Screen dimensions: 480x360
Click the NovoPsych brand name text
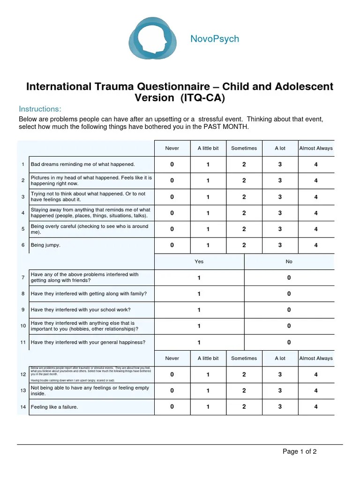(215, 39)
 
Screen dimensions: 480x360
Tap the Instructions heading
(40, 109)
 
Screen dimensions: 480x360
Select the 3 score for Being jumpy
(280, 245)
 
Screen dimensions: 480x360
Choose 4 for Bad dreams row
(316, 165)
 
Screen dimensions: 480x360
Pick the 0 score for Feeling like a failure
(172, 407)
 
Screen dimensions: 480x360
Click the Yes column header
(199, 262)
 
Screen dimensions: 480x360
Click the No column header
(289, 262)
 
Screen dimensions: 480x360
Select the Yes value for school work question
(199, 310)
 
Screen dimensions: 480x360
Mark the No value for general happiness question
(289, 342)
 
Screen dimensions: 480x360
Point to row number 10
(23, 326)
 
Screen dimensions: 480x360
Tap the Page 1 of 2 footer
(300, 452)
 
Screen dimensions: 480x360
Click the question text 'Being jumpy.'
(45, 245)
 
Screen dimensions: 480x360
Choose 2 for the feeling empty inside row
(244, 390)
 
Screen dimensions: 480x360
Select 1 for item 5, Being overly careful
(208, 229)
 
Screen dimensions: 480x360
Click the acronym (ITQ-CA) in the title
(205, 98)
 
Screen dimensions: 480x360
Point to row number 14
(23, 407)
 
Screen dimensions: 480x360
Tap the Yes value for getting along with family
(199, 294)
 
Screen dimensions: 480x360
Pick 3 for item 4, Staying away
(280, 213)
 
